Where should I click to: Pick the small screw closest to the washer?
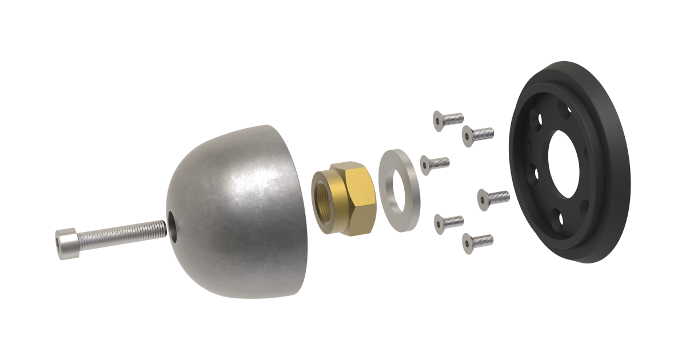pyautogui.click(x=434, y=164)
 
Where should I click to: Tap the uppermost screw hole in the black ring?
pyautogui.click(x=563, y=109)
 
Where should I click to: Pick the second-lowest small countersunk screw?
pyautogui.click(x=448, y=223)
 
